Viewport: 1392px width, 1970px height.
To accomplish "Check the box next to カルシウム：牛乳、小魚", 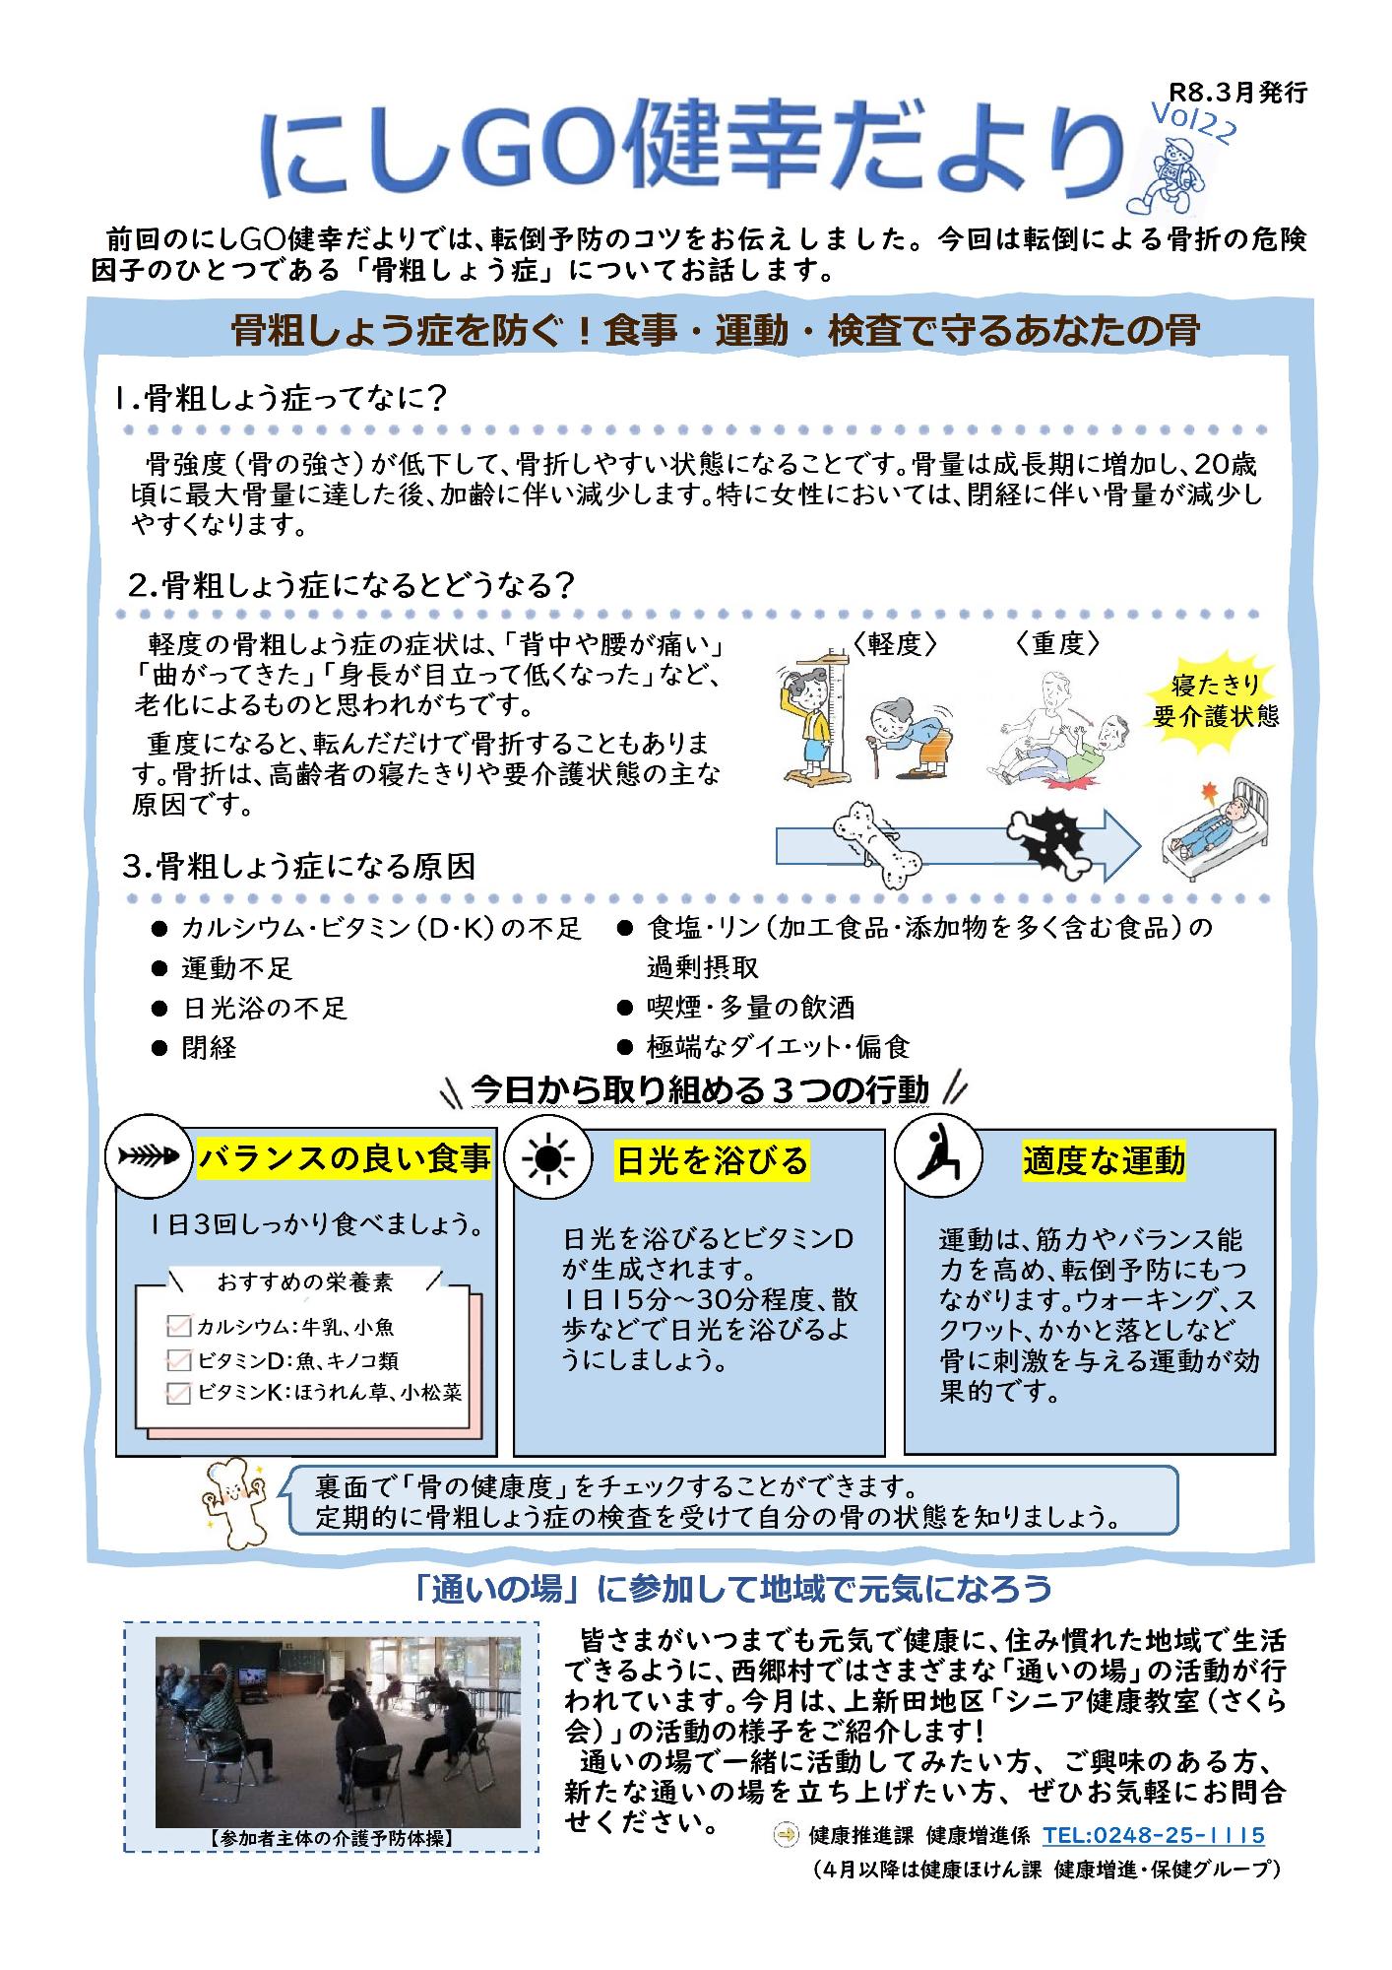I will pyautogui.click(x=179, y=1327).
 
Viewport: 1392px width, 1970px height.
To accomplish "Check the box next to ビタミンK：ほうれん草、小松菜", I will pyautogui.click(x=179, y=1393).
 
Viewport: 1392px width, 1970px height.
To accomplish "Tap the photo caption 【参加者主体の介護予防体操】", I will pyautogui.click(x=331, y=1837).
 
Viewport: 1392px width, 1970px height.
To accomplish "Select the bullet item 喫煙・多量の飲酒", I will pyautogui.click(x=750, y=1008).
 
